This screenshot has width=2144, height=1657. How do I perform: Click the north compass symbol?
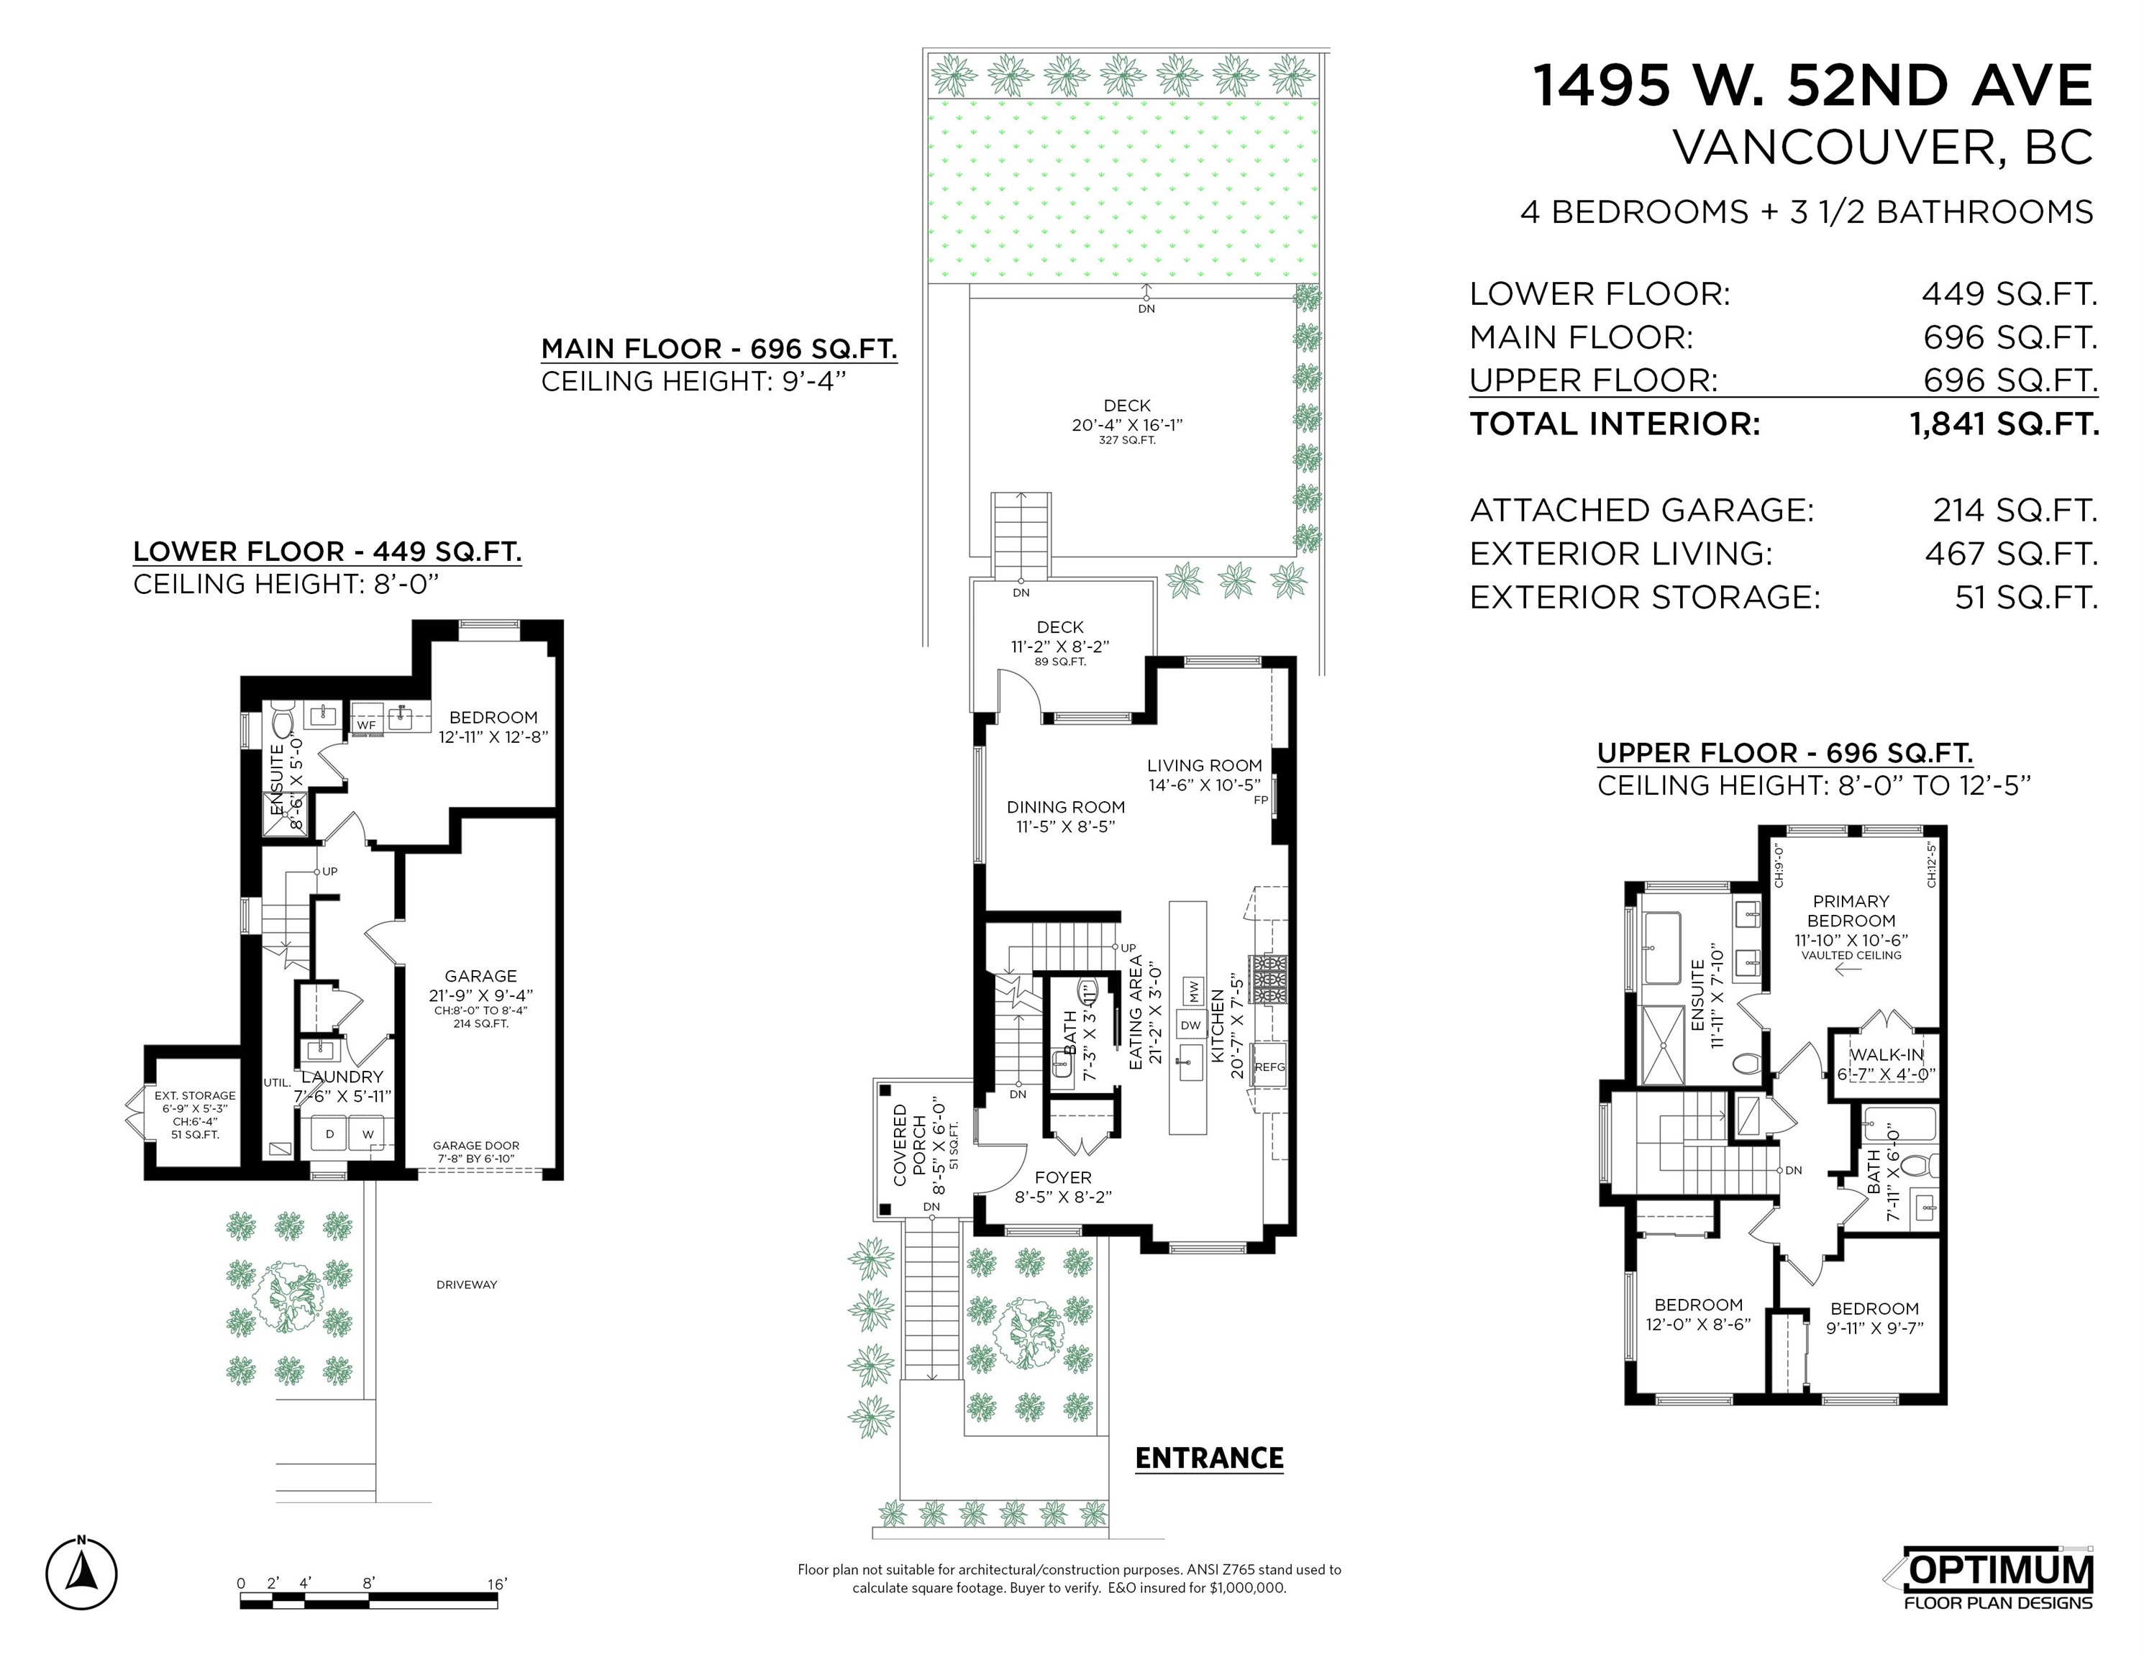point(81,1574)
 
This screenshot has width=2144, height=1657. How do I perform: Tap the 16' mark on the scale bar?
point(497,1584)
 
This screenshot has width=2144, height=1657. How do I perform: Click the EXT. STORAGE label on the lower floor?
point(194,1095)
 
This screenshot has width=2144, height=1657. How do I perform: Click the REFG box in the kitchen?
point(1269,1067)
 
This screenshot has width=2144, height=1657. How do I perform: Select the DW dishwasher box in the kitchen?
point(1191,1026)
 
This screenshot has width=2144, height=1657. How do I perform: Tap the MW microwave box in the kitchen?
point(1192,992)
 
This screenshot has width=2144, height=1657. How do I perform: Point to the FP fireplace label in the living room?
point(1261,800)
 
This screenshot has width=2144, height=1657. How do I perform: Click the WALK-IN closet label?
point(1887,1055)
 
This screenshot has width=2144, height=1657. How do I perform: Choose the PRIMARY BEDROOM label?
point(1851,911)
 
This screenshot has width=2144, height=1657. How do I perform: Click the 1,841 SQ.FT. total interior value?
point(2004,424)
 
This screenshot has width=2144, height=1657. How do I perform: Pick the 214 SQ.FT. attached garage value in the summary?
point(2015,511)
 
